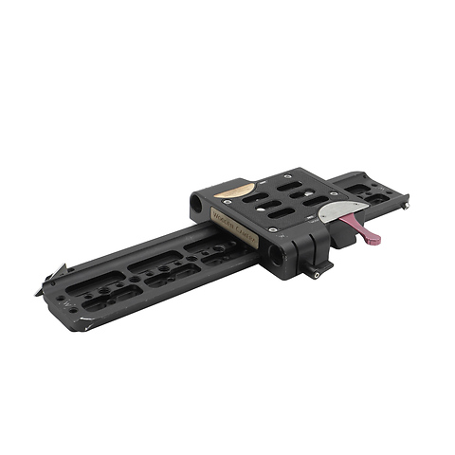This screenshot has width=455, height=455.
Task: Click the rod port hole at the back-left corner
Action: coord(194,202)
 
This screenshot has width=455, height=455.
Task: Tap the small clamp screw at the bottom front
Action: coord(316,274)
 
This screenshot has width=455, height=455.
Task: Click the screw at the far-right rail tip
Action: coord(406,203)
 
